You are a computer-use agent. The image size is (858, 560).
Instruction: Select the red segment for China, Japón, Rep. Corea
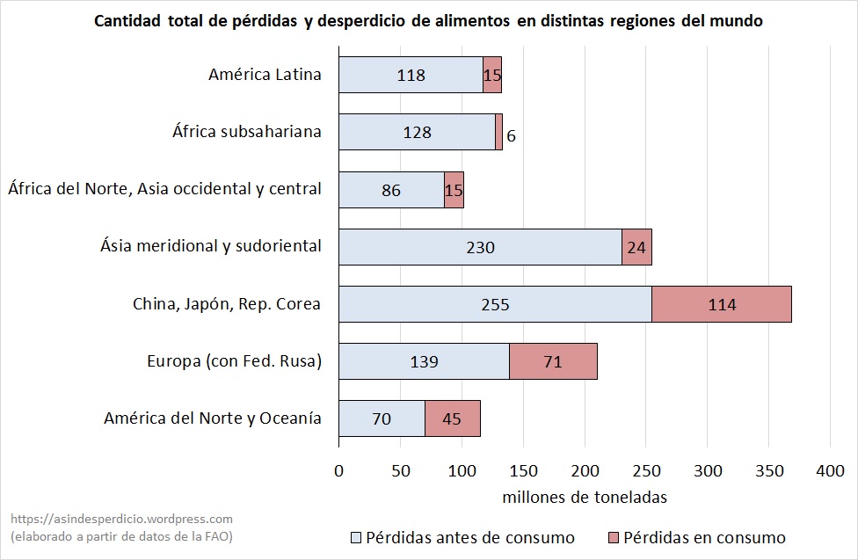(721, 304)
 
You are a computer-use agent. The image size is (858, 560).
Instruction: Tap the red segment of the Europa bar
(553, 361)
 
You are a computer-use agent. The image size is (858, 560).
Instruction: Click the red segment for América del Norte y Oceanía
(452, 418)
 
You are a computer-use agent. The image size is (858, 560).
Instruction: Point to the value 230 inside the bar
(480, 247)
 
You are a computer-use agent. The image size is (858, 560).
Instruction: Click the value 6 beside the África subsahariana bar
(511, 137)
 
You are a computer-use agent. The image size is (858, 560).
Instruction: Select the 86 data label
(391, 190)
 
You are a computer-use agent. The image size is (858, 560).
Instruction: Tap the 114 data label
(722, 304)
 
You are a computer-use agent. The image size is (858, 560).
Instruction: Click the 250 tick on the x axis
(646, 470)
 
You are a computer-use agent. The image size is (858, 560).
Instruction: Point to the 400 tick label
(830, 470)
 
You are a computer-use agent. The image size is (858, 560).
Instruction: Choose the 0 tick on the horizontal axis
(339, 470)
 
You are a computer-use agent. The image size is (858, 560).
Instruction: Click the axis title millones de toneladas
(585, 497)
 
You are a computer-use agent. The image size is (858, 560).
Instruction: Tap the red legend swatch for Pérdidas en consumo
(614, 537)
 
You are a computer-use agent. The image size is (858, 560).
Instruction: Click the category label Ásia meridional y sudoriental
(211, 246)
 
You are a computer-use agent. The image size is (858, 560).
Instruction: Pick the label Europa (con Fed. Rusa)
(234, 360)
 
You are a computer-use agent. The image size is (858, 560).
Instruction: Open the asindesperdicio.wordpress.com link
(121, 520)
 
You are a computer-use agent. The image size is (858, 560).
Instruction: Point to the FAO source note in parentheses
(121, 535)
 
